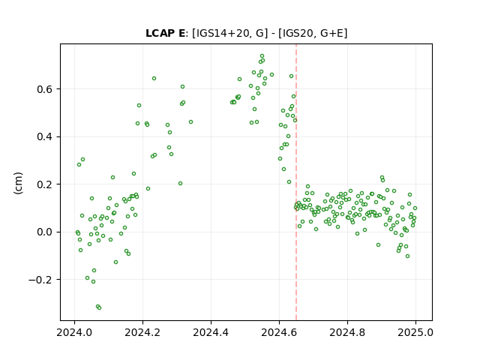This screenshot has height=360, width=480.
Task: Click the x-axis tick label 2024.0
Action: click(74, 332)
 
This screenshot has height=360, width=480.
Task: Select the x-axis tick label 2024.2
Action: click(142, 332)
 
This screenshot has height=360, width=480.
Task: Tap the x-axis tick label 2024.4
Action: click(211, 332)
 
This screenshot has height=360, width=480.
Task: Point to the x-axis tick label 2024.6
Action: click(279, 332)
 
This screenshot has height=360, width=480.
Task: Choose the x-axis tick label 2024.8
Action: click(347, 332)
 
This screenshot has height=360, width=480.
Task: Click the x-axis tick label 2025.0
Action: click(415, 332)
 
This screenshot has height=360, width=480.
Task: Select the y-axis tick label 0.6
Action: click(44, 89)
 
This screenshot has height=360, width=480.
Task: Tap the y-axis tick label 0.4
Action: click(44, 136)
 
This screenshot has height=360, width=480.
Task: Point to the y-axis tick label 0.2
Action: click(44, 184)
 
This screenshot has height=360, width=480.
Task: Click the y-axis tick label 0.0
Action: click(44, 232)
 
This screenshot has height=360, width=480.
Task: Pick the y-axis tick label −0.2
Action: click(40, 280)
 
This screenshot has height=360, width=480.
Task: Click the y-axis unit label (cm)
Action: click(18, 183)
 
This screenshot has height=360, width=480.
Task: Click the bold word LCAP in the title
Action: click(160, 33)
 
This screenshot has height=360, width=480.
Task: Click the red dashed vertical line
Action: click(296, 182)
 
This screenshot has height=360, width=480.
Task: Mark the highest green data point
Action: click(262, 56)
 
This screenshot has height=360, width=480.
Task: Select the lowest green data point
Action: click(99, 307)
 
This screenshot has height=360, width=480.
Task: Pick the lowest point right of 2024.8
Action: click(407, 256)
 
